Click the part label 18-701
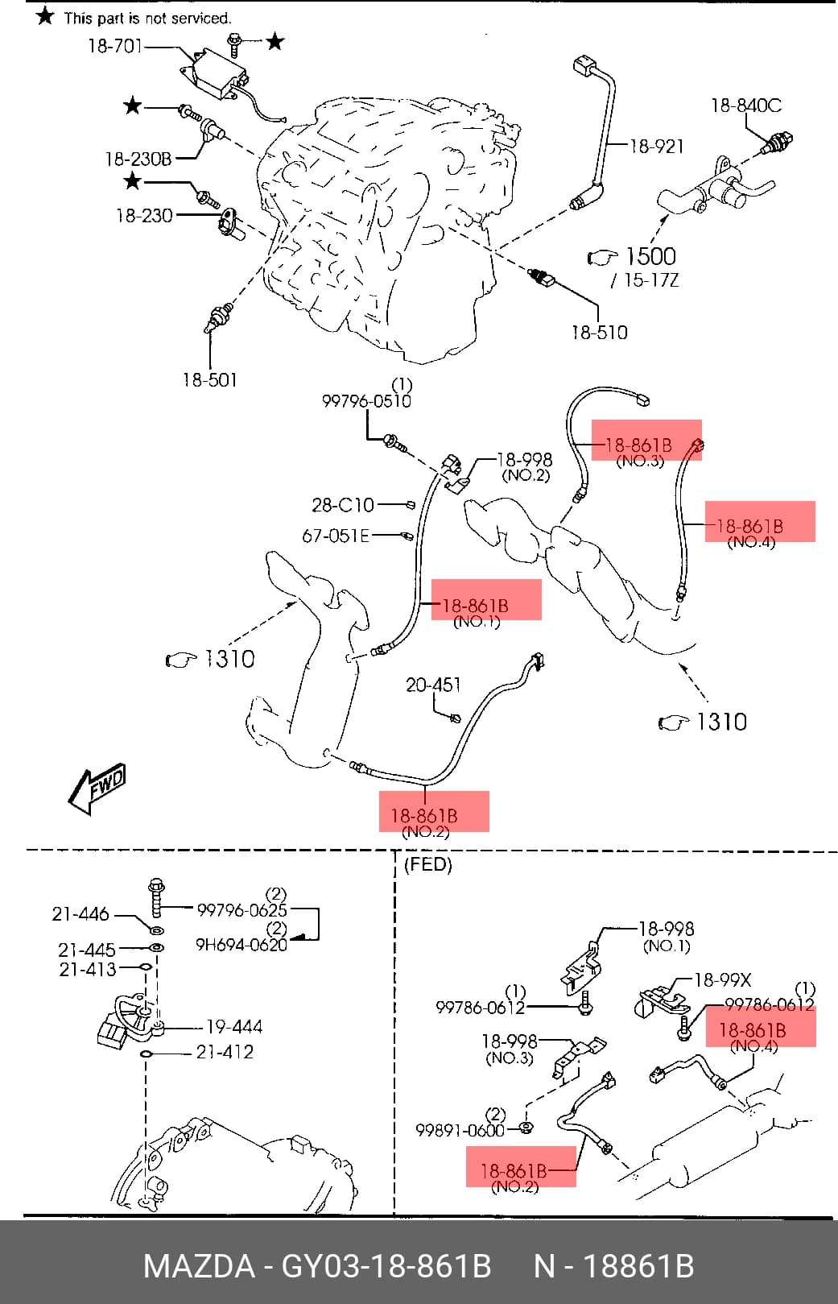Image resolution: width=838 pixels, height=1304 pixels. click(x=115, y=46)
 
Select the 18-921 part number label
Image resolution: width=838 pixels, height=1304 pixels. click(x=656, y=146)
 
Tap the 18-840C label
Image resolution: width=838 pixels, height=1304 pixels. click(x=747, y=106)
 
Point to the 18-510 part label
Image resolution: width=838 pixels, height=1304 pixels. click(x=600, y=333)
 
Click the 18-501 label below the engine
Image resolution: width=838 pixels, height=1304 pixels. click(x=210, y=380)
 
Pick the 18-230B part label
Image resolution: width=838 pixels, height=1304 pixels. click(x=138, y=159)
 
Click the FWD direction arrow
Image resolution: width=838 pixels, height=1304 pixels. click(x=97, y=788)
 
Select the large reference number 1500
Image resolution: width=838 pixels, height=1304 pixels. click(x=650, y=256)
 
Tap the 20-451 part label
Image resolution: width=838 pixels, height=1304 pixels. click(x=433, y=685)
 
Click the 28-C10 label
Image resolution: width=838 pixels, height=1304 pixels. click(x=343, y=505)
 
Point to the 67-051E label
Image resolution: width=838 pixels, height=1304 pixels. click(x=336, y=536)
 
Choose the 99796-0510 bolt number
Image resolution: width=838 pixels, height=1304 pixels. click(x=366, y=401)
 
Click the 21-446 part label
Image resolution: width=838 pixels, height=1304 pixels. click(x=80, y=914)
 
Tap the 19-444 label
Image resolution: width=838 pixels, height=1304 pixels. click(x=234, y=1026)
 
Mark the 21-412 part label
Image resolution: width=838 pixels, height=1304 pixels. click(x=225, y=1052)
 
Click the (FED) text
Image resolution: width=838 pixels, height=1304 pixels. click(x=428, y=864)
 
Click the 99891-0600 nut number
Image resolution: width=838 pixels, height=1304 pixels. click(x=460, y=1130)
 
